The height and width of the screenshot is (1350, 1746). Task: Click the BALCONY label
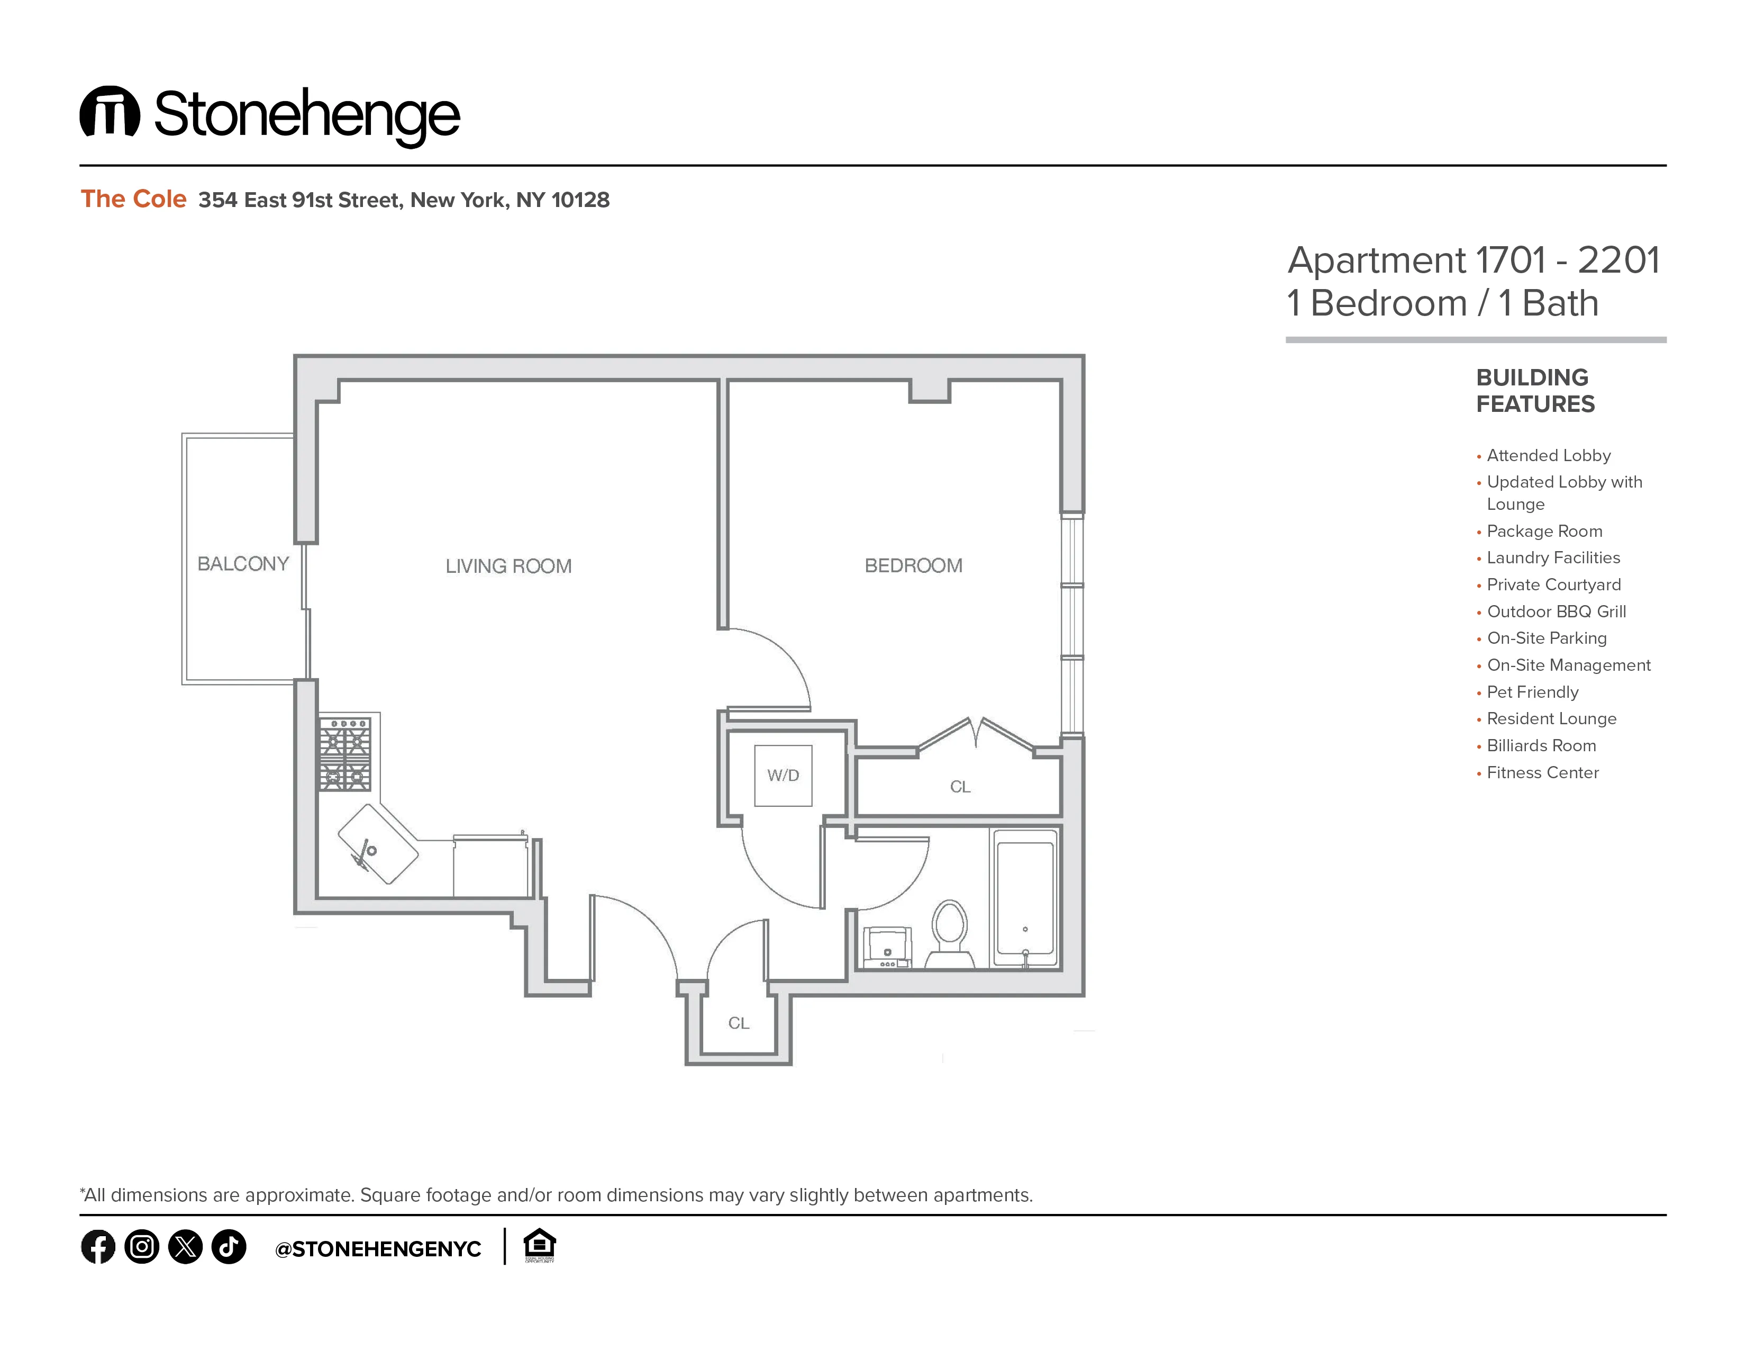click(x=242, y=564)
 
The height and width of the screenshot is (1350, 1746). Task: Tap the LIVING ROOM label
click(x=508, y=566)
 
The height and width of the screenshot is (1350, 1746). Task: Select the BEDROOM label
click(x=913, y=565)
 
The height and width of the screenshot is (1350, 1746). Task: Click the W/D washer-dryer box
click(x=783, y=775)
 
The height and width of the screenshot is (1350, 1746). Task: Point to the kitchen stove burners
click(x=344, y=754)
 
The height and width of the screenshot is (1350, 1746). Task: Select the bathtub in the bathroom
click(x=1025, y=898)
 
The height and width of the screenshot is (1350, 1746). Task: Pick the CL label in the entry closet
click(x=738, y=1023)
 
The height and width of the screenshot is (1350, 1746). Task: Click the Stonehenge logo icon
click(x=110, y=112)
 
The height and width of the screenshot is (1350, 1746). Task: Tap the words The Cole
click(x=133, y=199)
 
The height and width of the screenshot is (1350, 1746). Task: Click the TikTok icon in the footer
click(x=229, y=1247)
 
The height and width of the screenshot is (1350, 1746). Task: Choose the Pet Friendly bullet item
click(x=1532, y=692)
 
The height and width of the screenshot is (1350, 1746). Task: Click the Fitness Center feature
click(x=1542, y=772)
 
